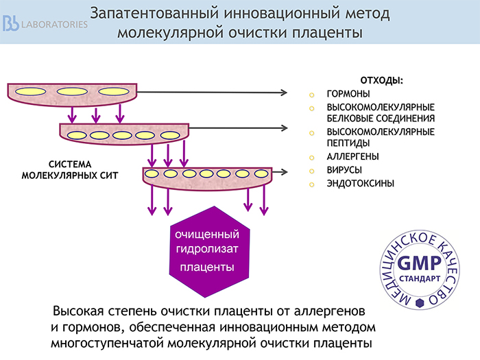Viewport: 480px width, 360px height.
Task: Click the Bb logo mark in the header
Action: tap(11, 23)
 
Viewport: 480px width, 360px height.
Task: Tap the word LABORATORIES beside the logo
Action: tap(54, 25)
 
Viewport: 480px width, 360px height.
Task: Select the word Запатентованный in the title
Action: tap(154, 14)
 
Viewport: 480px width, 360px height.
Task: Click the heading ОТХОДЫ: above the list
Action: tap(381, 80)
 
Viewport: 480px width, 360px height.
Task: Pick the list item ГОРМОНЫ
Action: tap(348, 94)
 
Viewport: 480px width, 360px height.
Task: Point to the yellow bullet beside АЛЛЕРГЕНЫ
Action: tap(311, 158)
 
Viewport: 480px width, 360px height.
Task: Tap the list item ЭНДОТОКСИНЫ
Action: tap(360, 183)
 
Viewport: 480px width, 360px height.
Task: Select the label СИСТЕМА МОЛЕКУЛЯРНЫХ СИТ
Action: tap(70, 170)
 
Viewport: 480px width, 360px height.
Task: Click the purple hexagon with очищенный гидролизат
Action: tap(210, 252)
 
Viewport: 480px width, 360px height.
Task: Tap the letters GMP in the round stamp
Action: tap(419, 263)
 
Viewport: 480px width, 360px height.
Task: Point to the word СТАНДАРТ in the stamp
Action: tap(420, 278)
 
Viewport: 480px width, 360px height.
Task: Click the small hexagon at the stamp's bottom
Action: tap(420, 303)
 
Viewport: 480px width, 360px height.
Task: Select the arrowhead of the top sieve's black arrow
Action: tap(284, 93)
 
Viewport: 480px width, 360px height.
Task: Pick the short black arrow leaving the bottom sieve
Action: tap(280, 172)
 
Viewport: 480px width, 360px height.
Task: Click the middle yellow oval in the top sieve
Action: tap(72, 91)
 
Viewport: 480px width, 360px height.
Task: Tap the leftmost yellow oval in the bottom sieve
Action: tap(152, 174)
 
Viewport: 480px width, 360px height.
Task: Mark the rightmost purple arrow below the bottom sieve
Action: tap(264, 200)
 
